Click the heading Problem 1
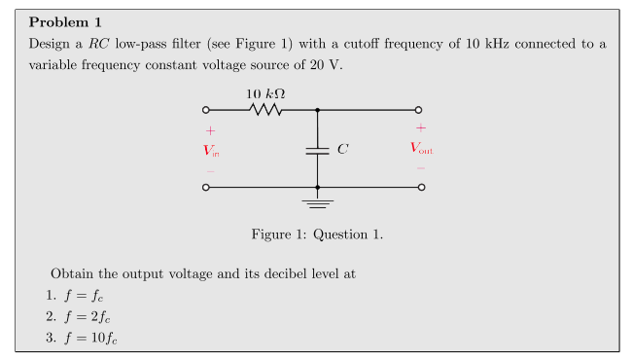tap(69, 21)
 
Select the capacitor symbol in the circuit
tap(317, 150)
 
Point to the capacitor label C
tap(341, 150)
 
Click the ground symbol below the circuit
tap(317, 202)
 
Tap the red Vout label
tap(420, 149)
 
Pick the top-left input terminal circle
tap(205, 110)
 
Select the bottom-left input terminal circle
tap(205, 186)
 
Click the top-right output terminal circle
tap(419, 110)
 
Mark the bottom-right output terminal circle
tap(420, 186)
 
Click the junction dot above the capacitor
tap(317, 110)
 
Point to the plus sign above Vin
tap(209, 130)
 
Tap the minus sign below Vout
tap(421, 167)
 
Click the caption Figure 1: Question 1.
tap(317, 234)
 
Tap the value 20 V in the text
tap(327, 65)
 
